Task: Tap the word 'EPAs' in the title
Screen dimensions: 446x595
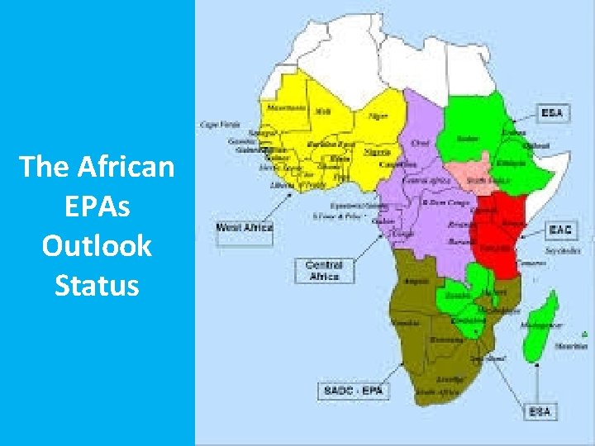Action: pos(98,206)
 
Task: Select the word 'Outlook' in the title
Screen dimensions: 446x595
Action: pos(98,245)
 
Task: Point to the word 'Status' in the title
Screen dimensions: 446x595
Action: pos(98,285)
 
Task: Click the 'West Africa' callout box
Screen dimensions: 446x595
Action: pos(245,226)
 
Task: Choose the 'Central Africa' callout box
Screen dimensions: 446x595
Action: pos(323,270)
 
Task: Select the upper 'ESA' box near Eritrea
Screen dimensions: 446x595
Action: pos(554,112)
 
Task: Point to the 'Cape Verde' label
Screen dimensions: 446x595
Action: pos(214,125)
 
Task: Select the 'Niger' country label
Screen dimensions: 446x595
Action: pos(378,116)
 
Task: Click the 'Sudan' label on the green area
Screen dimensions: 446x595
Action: pos(469,139)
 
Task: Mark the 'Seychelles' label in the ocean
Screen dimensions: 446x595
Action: pos(559,249)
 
